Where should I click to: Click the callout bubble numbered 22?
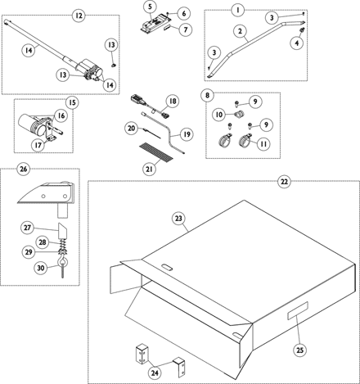284,181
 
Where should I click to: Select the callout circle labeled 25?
299,350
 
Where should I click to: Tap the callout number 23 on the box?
178,219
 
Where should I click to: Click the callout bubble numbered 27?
27,227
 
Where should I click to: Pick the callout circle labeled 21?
149,169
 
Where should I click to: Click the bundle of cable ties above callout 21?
156,151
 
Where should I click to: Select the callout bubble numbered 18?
173,101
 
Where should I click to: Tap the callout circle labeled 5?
151,7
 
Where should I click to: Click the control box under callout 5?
156,23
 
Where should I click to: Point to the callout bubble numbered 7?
186,29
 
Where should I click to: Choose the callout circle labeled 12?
79,16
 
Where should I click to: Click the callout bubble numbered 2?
240,31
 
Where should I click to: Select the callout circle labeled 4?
297,43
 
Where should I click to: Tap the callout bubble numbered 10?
219,115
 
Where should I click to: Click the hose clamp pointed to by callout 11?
245,140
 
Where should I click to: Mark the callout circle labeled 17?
38,145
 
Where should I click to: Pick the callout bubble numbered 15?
72,102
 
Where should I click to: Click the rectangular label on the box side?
298,310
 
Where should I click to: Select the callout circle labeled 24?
155,373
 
